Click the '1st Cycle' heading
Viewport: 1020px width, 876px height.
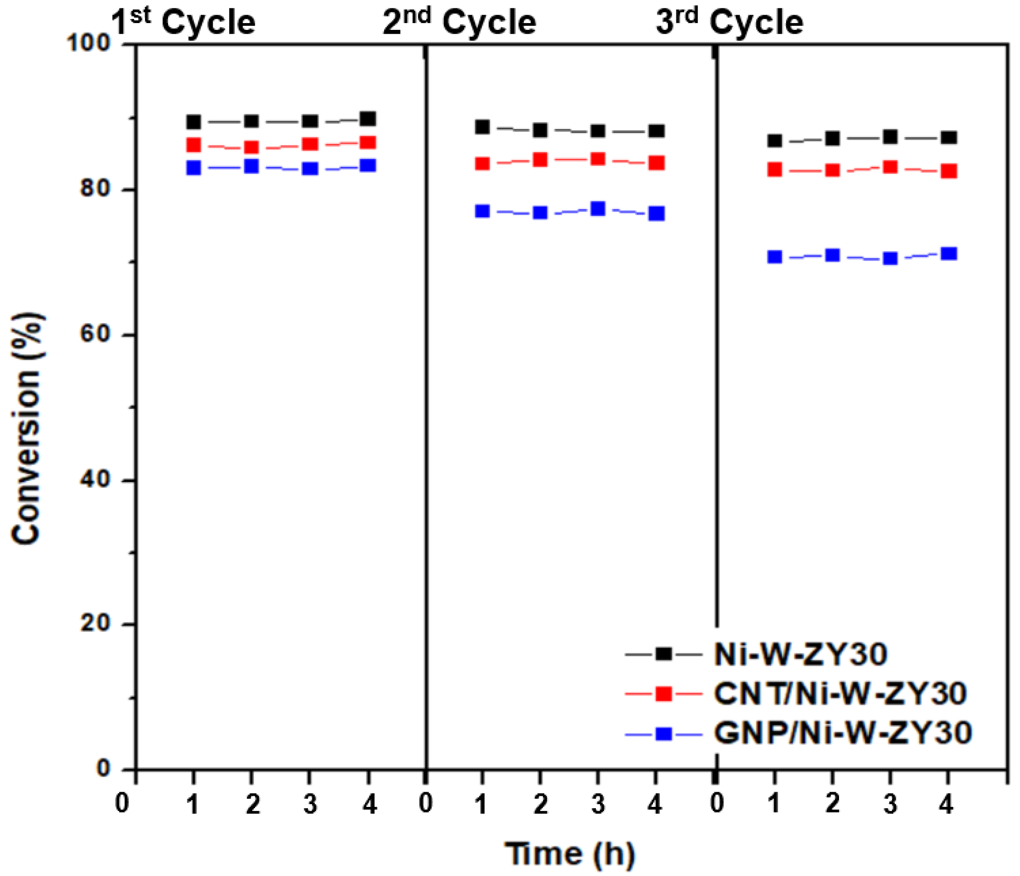tap(183, 22)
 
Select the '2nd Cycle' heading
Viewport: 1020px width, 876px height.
tap(459, 22)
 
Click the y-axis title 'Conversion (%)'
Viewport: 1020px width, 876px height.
tap(27, 428)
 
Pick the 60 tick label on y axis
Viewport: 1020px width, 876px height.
tap(94, 334)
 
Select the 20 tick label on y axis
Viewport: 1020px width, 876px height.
tap(94, 624)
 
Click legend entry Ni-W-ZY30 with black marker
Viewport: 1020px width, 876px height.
tap(800, 654)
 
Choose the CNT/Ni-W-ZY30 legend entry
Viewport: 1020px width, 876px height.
tap(840, 693)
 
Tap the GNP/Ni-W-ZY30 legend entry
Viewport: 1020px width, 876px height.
tap(842, 733)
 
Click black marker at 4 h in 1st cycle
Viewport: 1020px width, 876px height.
tap(368, 119)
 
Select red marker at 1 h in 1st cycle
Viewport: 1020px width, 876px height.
tap(193, 145)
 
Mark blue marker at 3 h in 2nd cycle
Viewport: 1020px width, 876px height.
tap(598, 209)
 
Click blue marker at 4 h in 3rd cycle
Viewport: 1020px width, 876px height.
tap(949, 254)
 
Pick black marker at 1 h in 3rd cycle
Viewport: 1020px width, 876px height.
tap(775, 141)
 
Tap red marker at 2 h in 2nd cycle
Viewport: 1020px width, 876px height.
tap(540, 159)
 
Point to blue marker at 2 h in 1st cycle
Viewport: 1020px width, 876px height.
tap(251, 166)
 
